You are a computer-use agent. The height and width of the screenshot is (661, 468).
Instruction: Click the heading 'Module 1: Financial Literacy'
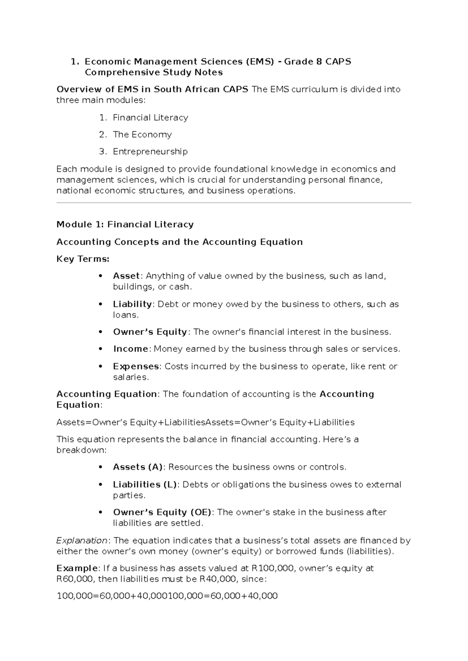(x=125, y=224)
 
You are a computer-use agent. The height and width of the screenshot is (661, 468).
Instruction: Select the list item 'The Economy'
(x=142, y=134)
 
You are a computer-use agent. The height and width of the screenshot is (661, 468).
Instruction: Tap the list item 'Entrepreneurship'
(x=150, y=151)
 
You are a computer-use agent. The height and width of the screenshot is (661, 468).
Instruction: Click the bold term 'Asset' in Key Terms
(x=126, y=276)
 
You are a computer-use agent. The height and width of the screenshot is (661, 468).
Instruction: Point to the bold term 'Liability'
(x=132, y=304)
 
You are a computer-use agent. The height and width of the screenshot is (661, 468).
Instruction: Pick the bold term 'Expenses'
(x=136, y=366)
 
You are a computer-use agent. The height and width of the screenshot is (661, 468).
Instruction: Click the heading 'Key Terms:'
(x=83, y=259)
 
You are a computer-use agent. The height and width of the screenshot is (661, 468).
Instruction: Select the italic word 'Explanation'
(x=82, y=541)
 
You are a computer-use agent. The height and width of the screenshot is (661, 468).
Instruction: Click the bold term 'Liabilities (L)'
(x=145, y=484)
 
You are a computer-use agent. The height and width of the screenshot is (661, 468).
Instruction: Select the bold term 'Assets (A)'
(x=138, y=467)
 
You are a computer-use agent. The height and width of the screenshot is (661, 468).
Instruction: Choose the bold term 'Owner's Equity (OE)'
(x=162, y=512)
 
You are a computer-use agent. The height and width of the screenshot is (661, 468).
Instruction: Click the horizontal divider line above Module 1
(x=234, y=203)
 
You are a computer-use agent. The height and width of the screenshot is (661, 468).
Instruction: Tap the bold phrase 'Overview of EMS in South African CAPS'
(x=152, y=89)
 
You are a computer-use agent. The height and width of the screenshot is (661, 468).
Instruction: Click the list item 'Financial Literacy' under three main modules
(x=150, y=118)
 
